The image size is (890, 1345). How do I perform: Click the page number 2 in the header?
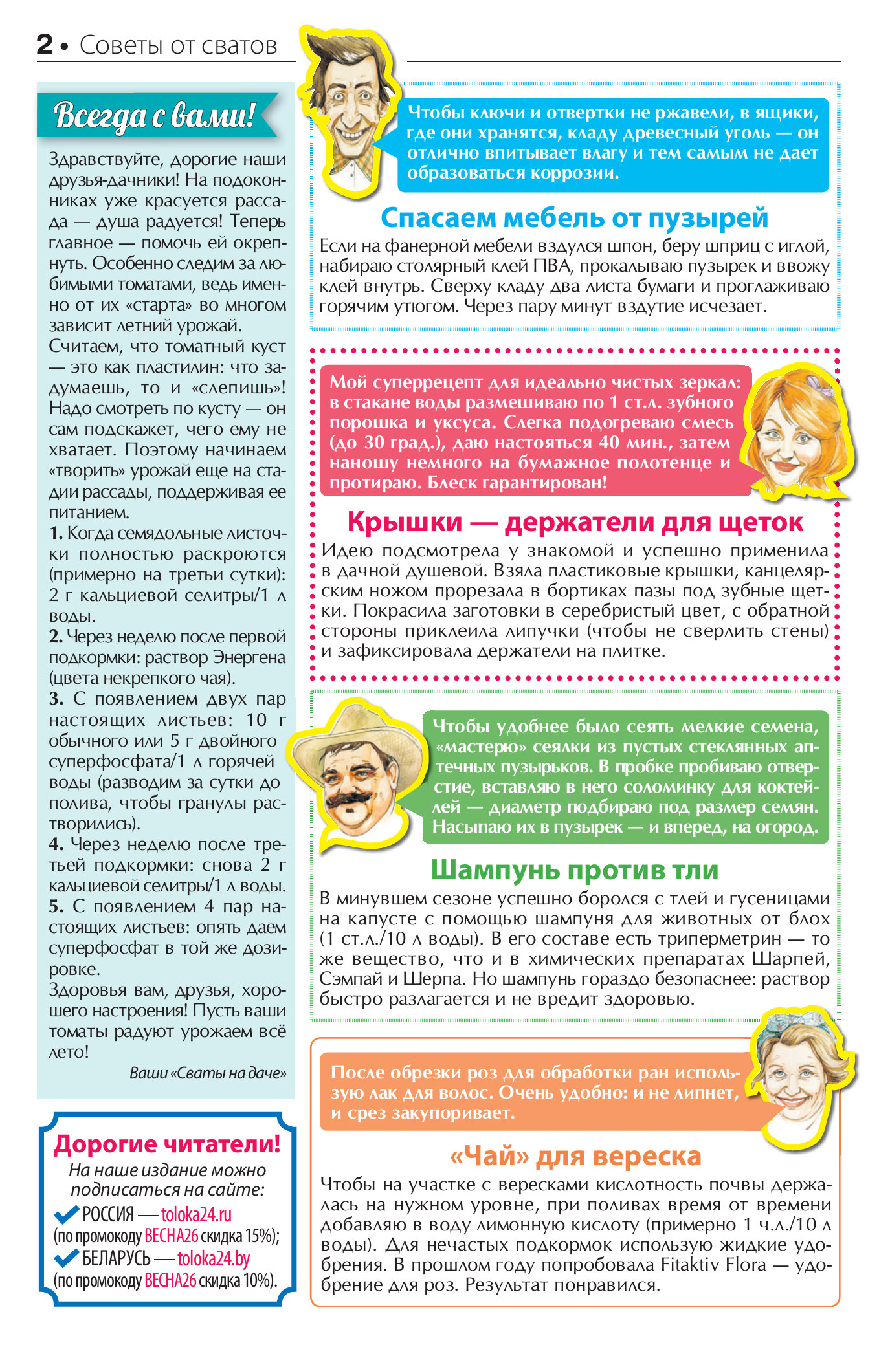pos(45,44)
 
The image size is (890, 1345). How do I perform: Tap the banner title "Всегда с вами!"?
pos(153,115)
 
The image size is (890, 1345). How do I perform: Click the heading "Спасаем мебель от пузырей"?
pos(574,217)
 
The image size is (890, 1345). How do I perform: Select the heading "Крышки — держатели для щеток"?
pos(575,521)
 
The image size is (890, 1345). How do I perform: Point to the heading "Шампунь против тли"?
pos(574,869)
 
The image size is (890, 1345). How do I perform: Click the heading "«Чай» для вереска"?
pos(575,1155)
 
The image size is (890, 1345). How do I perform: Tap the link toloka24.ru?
pos(196,1214)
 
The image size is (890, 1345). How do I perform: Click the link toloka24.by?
pos(214,1258)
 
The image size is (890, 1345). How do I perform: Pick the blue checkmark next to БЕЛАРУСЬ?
pos(66,1258)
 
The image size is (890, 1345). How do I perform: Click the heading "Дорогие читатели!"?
pos(167,1144)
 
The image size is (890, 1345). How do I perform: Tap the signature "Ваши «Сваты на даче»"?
pos(207,1073)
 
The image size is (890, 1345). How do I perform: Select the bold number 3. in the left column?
pos(56,699)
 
